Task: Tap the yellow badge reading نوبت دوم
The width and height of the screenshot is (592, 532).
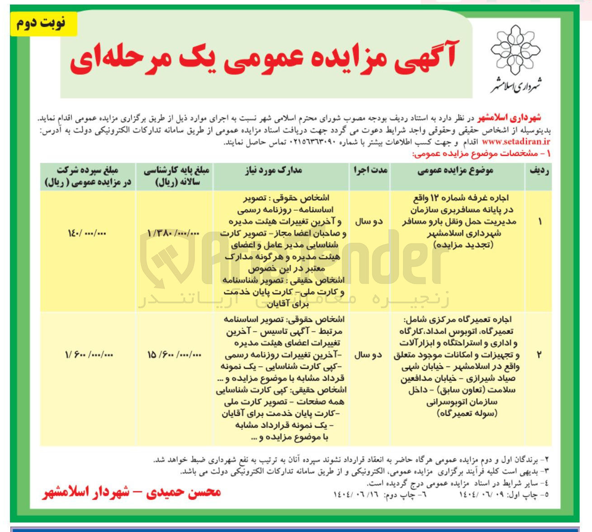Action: pyautogui.click(x=42, y=23)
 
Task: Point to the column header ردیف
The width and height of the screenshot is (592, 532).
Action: pyautogui.click(x=539, y=171)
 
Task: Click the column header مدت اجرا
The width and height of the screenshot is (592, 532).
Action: pyautogui.click(x=369, y=171)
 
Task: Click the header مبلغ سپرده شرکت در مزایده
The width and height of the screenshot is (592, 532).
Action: pyautogui.click(x=88, y=176)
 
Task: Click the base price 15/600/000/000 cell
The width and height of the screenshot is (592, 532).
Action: pyautogui.click(x=174, y=355)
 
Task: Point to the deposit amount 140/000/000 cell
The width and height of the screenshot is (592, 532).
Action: pyautogui.click(x=87, y=233)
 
